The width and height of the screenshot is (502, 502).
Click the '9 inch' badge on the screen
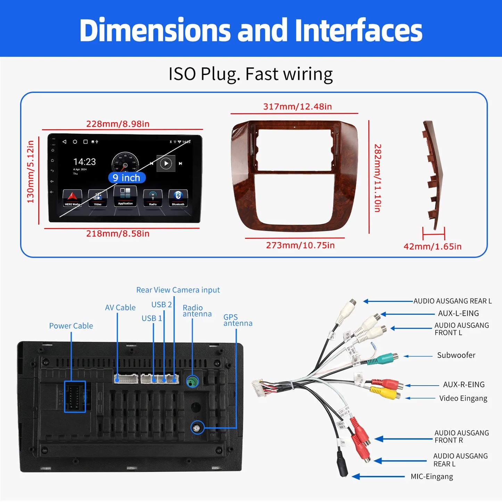pyautogui.click(x=127, y=178)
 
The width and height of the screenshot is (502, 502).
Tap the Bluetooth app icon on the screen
pyautogui.click(x=178, y=197)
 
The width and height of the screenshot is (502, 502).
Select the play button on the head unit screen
pyautogui.click(x=166, y=163)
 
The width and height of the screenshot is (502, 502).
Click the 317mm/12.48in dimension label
pyautogui.click(x=297, y=107)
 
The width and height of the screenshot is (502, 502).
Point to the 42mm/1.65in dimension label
pyautogui.click(x=432, y=247)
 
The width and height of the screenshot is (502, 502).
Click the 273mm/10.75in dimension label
pyautogui.click(x=300, y=245)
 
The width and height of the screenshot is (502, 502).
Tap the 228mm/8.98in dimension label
pyautogui.click(x=118, y=124)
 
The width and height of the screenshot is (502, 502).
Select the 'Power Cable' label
pyautogui.click(x=71, y=326)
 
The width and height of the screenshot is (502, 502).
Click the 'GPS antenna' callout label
pyautogui.click(x=238, y=320)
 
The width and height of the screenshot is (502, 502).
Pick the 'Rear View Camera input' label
pyautogui.click(x=178, y=290)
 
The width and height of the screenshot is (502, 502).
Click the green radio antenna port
pyautogui.click(x=192, y=382)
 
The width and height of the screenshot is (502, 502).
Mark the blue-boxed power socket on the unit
pyautogui.click(x=75, y=397)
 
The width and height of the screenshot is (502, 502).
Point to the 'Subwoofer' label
pyautogui.click(x=456, y=355)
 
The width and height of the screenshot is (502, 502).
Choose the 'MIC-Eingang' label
pyautogui.click(x=431, y=477)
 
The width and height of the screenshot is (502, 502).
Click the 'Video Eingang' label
pyautogui.click(x=463, y=398)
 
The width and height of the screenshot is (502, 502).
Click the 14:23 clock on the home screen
pyautogui.click(x=84, y=162)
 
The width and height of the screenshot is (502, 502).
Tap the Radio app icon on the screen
pyautogui.click(x=153, y=198)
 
